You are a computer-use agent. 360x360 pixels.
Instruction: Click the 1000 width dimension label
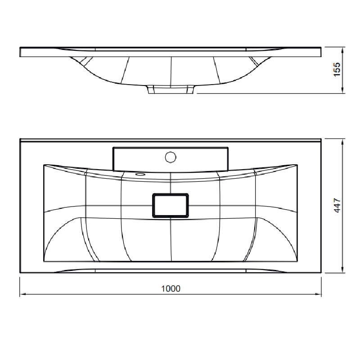point(171,288)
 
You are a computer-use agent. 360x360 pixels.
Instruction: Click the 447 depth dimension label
point(337,206)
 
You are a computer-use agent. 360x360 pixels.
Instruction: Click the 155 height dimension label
point(337,69)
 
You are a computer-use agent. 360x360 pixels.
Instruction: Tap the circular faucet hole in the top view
point(171,157)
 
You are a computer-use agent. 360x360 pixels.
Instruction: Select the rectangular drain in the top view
point(171,205)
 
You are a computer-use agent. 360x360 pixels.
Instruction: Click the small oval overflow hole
point(140,175)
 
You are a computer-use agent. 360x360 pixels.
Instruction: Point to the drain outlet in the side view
point(171,89)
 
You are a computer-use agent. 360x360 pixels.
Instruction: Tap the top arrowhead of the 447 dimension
point(342,141)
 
